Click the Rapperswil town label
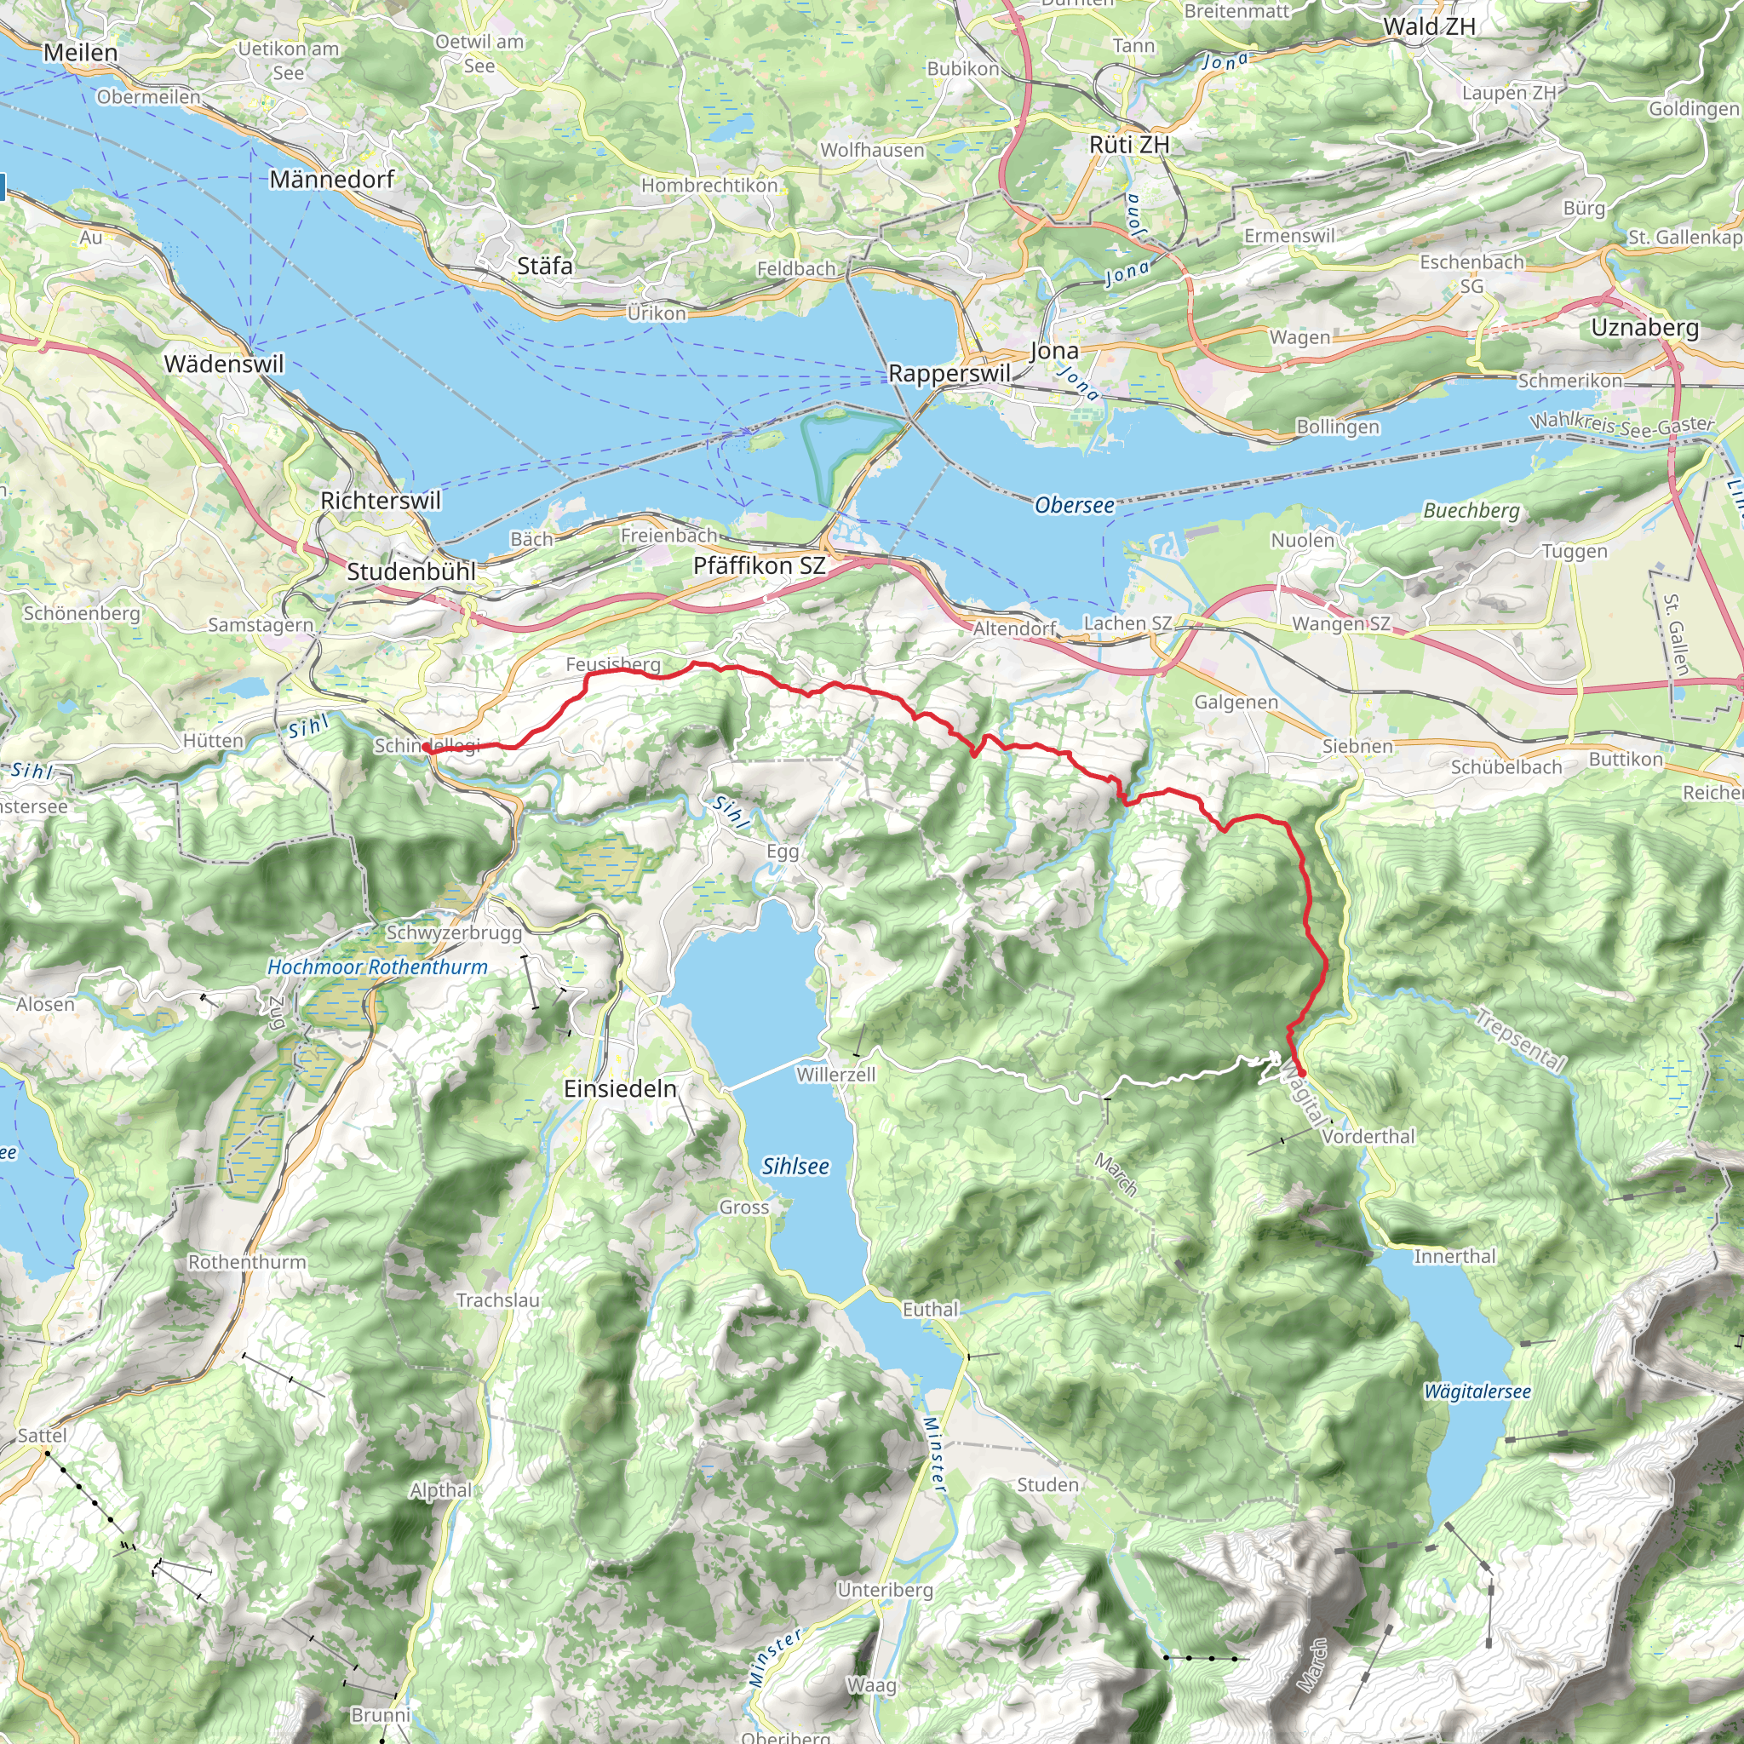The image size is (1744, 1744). click(x=949, y=373)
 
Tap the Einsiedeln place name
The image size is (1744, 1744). click(x=620, y=1088)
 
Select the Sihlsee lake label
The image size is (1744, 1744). click(x=795, y=1167)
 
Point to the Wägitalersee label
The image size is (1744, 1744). click(x=1477, y=1391)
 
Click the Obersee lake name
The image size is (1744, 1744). click(x=1074, y=505)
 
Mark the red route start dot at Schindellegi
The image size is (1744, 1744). click(x=426, y=749)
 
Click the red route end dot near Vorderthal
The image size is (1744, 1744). click(x=1302, y=1072)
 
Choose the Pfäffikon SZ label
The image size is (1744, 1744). click(x=759, y=566)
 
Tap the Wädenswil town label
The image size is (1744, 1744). click(x=224, y=364)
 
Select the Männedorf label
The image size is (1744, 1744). click(x=332, y=179)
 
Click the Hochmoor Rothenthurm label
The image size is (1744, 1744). click(x=377, y=967)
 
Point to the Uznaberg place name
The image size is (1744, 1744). click(x=1644, y=327)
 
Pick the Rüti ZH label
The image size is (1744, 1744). click(x=1129, y=145)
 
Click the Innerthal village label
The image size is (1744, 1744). click(x=1454, y=1256)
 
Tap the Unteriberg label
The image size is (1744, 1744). click(x=885, y=1590)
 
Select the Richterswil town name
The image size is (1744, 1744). click(x=381, y=500)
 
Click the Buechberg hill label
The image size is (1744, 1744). click(x=1471, y=510)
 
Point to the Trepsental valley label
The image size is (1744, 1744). click(x=1520, y=1040)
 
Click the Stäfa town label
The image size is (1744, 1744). click(x=544, y=266)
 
